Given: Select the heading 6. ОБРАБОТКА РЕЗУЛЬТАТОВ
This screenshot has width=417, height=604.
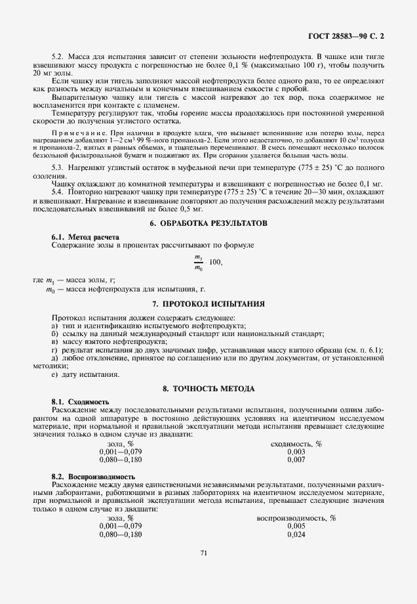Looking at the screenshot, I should tap(209, 223).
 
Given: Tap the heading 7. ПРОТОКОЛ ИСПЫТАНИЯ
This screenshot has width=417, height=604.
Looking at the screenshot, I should tap(208, 304).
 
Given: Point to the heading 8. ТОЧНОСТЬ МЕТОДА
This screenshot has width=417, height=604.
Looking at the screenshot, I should tap(208, 389).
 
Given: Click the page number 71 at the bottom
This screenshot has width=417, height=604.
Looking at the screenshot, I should tap(204, 553).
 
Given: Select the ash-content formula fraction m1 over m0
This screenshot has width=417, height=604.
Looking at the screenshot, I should tap(199, 263).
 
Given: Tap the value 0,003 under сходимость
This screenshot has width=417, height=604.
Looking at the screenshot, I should tap(296, 452).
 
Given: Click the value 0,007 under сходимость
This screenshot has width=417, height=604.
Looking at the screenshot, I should tap(296, 460).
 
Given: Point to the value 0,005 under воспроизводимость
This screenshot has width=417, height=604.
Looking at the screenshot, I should tap(296, 527).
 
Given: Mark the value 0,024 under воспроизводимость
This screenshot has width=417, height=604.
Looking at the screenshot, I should tap(296, 535).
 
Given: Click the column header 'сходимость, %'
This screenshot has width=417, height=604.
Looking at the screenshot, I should tap(296, 444).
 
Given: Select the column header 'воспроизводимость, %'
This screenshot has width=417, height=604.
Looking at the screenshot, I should tap(296, 518).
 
